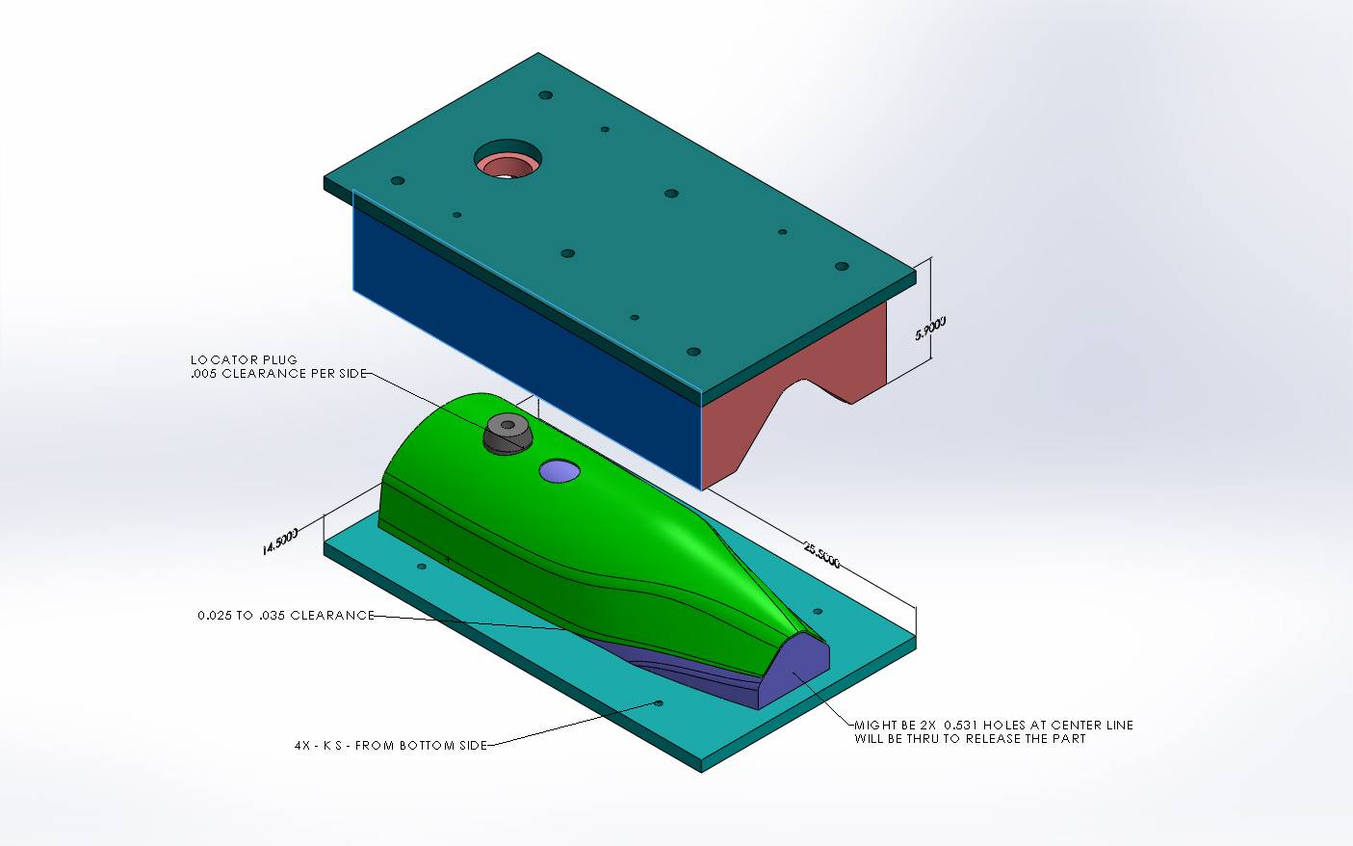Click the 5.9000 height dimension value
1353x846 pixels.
tap(930, 329)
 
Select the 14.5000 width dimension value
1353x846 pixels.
tap(280, 542)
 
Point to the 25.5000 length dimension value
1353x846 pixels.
tap(822, 555)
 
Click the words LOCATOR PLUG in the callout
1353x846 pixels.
tap(244, 359)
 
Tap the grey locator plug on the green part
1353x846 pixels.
tap(508, 433)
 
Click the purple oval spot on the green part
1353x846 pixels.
tap(559, 471)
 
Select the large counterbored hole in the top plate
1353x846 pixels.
tap(507, 160)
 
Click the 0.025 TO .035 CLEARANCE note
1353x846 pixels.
tap(286, 615)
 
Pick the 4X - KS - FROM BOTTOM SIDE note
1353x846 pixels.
tap(391, 746)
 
